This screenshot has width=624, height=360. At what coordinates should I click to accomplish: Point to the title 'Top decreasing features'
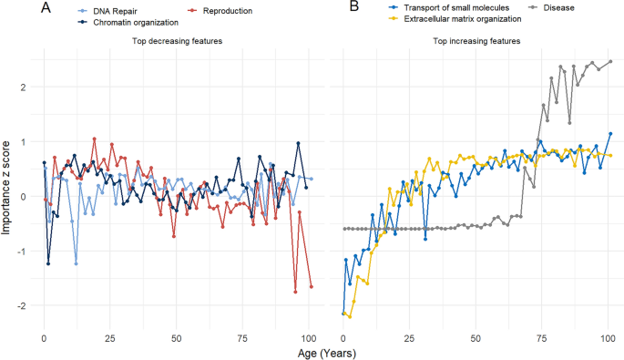pos(176,42)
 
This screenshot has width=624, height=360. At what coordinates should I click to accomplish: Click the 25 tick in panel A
pos(109,335)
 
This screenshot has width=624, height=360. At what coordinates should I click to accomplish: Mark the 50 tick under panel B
pos(475,335)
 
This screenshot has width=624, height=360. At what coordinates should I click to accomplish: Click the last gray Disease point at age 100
pos(610,62)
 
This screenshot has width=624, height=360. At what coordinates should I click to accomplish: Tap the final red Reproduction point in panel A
pos(312,287)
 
